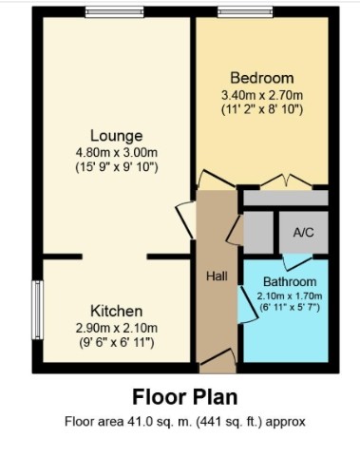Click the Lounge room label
coord(117,136)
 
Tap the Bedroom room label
coord(262,78)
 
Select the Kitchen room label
coord(117,312)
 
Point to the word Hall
coord(217,276)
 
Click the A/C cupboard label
coord(303,233)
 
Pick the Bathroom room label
coord(290,281)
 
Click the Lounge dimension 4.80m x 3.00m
coord(117,153)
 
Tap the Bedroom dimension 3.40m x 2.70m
coord(262,95)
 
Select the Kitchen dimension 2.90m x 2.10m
coord(117,328)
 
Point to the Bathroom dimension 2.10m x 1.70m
coord(290,296)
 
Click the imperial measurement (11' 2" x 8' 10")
coord(262,109)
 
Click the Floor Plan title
coord(185,397)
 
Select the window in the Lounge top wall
coord(115,12)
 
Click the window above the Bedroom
coord(245,12)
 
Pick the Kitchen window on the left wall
coord(37,310)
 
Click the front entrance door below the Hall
coord(218,361)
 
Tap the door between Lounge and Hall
coord(185,219)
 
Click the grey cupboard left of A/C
coord(258,233)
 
